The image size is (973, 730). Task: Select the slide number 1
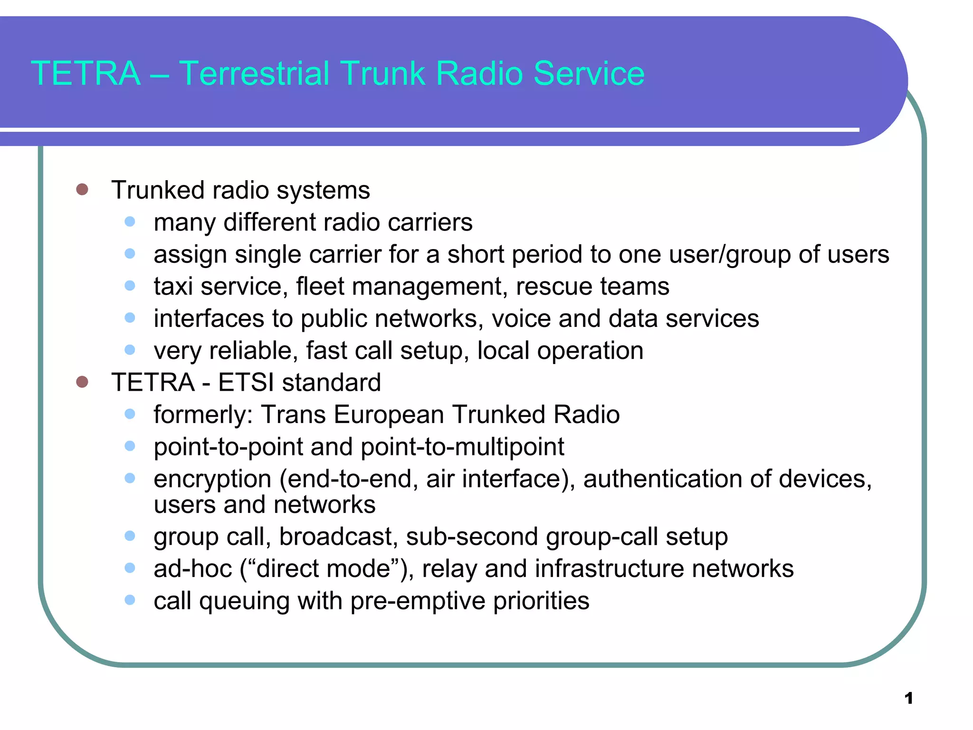click(x=908, y=698)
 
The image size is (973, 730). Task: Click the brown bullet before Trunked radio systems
click(x=82, y=190)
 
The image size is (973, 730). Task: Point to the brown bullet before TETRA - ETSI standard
click(x=82, y=382)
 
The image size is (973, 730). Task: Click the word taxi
click(x=173, y=287)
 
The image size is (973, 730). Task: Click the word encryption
click(x=212, y=480)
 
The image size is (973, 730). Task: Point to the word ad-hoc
click(x=193, y=569)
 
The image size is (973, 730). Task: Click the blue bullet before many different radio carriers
click(x=130, y=221)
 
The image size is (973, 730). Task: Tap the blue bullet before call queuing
click(x=130, y=600)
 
